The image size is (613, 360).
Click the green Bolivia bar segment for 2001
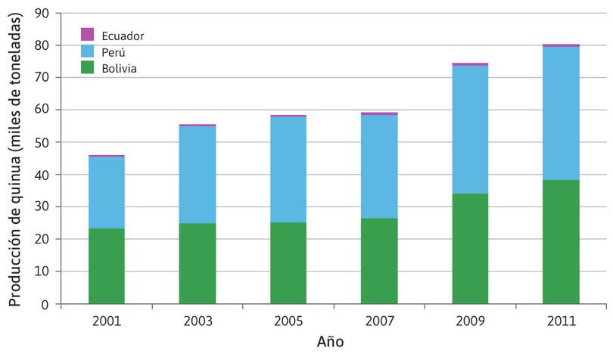(x=106, y=266)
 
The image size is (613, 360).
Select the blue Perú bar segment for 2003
(x=197, y=175)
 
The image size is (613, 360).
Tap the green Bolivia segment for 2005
(x=288, y=263)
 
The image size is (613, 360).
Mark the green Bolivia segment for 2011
(x=560, y=242)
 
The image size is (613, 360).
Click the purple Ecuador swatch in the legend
(x=88, y=35)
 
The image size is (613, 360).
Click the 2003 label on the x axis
(x=197, y=321)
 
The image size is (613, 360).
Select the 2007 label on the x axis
(x=378, y=321)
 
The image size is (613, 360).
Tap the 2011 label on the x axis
(x=560, y=321)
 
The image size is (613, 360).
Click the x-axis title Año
(x=330, y=342)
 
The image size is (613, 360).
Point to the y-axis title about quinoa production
(x=15, y=159)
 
